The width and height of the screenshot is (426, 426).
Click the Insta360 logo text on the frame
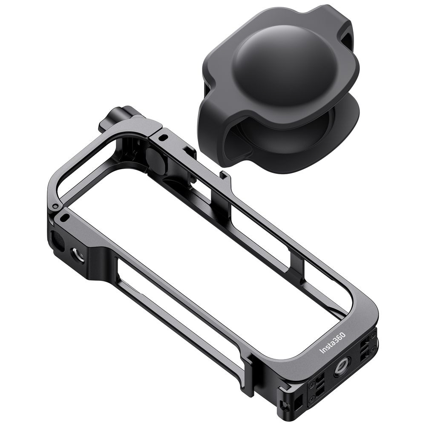pos(332,343)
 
